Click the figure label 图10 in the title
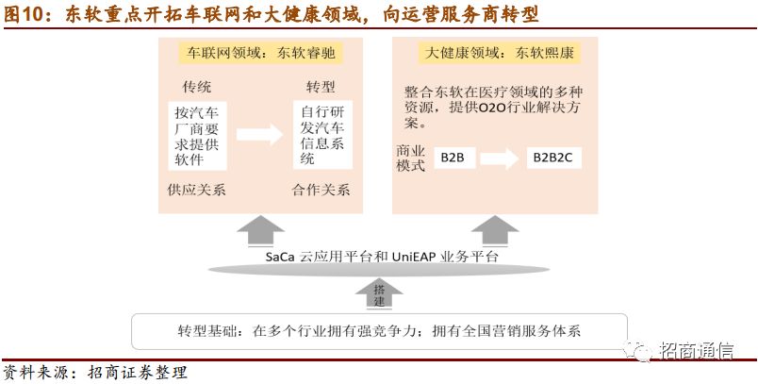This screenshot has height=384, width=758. click(25, 15)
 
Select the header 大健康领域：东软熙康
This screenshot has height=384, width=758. click(486, 54)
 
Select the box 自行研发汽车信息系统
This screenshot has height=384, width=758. click(321, 134)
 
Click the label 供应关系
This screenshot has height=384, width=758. click(196, 189)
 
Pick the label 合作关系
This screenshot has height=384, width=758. click(321, 189)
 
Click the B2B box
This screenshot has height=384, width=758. click(453, 158)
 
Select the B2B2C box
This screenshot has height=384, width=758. click(553, 158)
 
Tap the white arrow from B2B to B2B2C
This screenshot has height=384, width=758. click(503, 158)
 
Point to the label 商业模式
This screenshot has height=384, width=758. click(411, 158)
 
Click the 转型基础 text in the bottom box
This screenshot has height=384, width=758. click(210, 331)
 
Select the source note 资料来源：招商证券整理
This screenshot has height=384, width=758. click(94, 372)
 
